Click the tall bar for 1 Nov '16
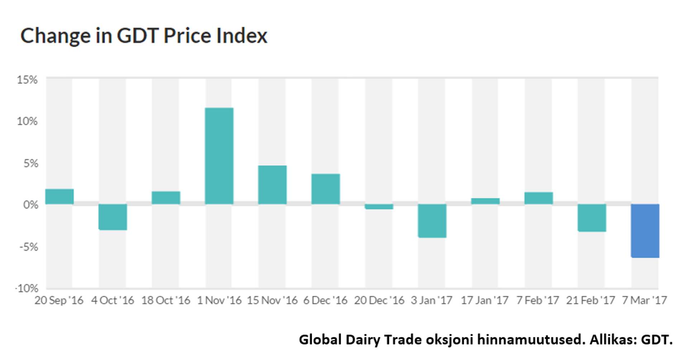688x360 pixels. click(219, 156)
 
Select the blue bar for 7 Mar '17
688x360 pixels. click(645, 231)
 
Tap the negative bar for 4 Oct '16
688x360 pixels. click(113, 217)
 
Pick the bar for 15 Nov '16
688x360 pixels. click(272, 185)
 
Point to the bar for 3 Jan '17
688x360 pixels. click(432, 221)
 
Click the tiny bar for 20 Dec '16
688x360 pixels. click(379, 207)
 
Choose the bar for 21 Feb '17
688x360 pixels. click(592, 218)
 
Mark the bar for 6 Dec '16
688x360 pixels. click(325, 189)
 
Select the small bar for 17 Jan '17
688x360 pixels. click(485, 201)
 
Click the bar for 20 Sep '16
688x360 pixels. click(59, 197)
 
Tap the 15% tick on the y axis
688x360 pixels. click(27, 80)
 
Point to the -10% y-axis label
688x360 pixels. click(27, 288)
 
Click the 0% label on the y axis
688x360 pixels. click(30, 205)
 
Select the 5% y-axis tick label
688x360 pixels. click(30, 163)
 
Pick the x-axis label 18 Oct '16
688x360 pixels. click(166, 300)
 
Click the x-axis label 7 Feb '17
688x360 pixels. click(537, 300)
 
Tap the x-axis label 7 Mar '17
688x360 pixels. click(644, 300)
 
